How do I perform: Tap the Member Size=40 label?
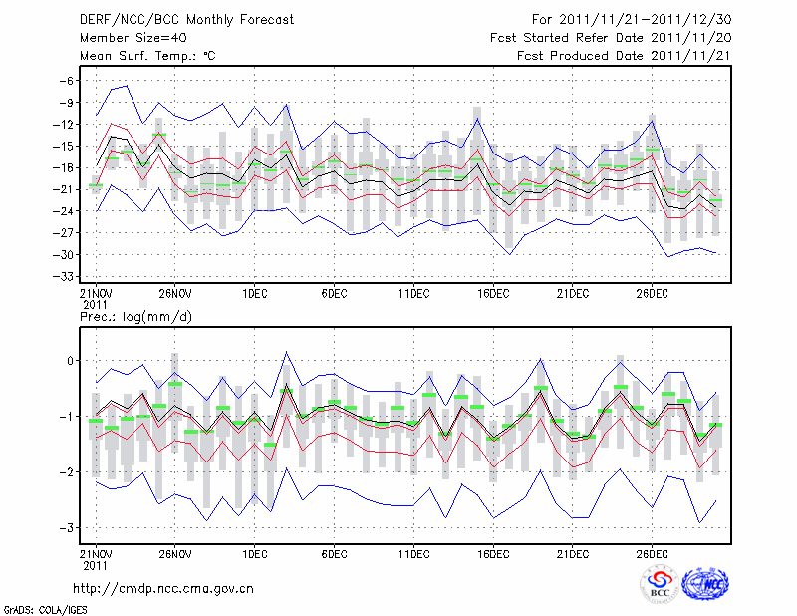[x=126, y=37]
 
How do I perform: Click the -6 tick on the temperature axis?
[x=68, y=81]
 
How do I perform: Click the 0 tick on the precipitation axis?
[x=70, y=361]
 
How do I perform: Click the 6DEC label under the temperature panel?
[x=334, y=293]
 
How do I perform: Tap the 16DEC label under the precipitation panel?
[x=493, y=553]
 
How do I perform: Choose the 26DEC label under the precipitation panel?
[x=653, y=553]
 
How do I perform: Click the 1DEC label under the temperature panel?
[x=254, y=293]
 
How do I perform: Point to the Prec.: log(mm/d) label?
[x=135, y=316]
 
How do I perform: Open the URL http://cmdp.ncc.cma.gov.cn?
[x=163, y=588]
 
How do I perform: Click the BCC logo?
[x=659, y=584]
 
